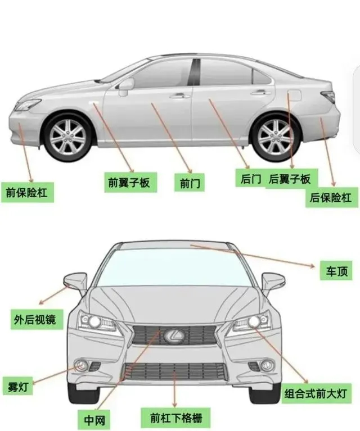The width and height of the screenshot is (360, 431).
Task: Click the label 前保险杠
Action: point(27,193)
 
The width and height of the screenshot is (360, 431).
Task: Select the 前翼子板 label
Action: point(129,182)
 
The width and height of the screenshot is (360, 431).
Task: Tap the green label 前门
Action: point(191,183)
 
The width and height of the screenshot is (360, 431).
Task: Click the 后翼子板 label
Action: point(290,179)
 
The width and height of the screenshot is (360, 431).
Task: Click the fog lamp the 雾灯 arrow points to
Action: point(81,366)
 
